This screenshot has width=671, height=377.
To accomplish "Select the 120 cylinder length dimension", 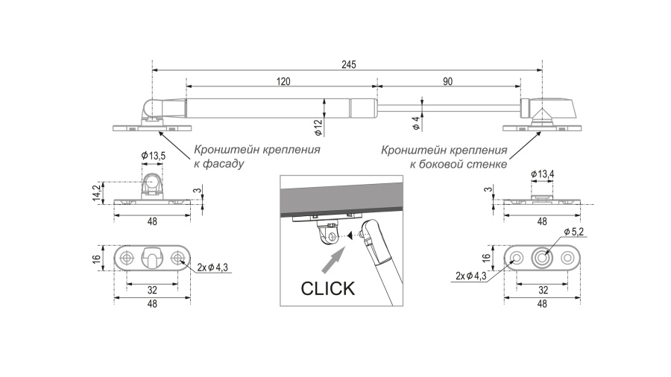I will click(x=283, y=82).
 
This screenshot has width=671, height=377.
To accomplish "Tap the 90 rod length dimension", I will click(x=447, y=82).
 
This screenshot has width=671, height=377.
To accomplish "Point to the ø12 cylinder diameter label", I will click(x=318, y=127).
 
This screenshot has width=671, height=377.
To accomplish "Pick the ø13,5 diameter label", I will click(x=153, y=155).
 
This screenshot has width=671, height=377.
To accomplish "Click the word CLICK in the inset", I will click(x=327, y=288).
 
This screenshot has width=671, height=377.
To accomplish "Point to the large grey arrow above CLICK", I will click(x=333, y=262).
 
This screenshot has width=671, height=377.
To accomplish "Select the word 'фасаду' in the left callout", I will click(x=223, y=163).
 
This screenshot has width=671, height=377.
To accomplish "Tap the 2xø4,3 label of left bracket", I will click(x=212, y=267).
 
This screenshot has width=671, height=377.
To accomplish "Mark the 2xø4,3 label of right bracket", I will click(x=470, y=276).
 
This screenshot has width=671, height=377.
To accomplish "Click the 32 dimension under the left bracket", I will click(x=152, y=289).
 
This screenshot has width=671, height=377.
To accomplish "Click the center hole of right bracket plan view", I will click(x=542, y=258).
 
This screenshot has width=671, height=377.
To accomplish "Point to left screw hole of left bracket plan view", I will click(x=127, y=258).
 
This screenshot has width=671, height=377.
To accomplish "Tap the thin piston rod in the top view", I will click(x=447, y=107).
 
